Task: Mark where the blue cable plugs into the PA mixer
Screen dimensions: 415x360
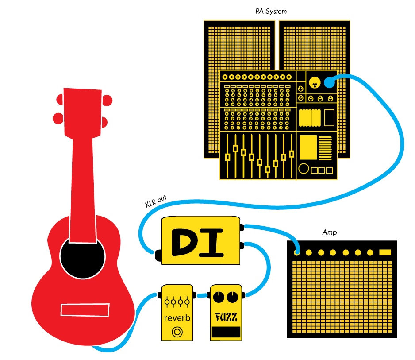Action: (x=329, y=82)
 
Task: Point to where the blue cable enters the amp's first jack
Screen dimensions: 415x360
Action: (x=297, y=252)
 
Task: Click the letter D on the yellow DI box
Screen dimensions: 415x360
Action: (x=184, y=242)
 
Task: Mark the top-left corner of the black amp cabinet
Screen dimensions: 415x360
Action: (x=288, y=241)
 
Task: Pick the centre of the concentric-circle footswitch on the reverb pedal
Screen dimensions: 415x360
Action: (x=177, y=332)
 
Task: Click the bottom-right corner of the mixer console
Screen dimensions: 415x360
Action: (x=337, y=179)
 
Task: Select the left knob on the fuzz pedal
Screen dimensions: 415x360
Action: (x=219, y=297)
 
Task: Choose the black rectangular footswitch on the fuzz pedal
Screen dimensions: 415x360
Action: (x=226, y=332)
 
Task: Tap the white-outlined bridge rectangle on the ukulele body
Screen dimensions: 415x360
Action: (x=85, y=310)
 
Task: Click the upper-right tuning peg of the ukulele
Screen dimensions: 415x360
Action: (x=107, y=101)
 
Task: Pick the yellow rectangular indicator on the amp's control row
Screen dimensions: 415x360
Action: (x=385, y=252)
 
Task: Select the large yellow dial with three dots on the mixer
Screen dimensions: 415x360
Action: (x=315, y=82)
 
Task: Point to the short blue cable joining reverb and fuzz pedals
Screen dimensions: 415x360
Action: (x=202, y=295)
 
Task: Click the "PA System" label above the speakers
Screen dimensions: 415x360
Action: (x=271, y=12)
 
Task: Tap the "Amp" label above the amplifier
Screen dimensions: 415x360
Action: (x=330, y=232)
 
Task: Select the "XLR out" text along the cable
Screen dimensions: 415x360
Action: (x=156, y=201)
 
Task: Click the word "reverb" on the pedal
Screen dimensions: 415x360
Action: (x=177, y=317)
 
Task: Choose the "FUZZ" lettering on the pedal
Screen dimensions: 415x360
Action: (x=226, y=317)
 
